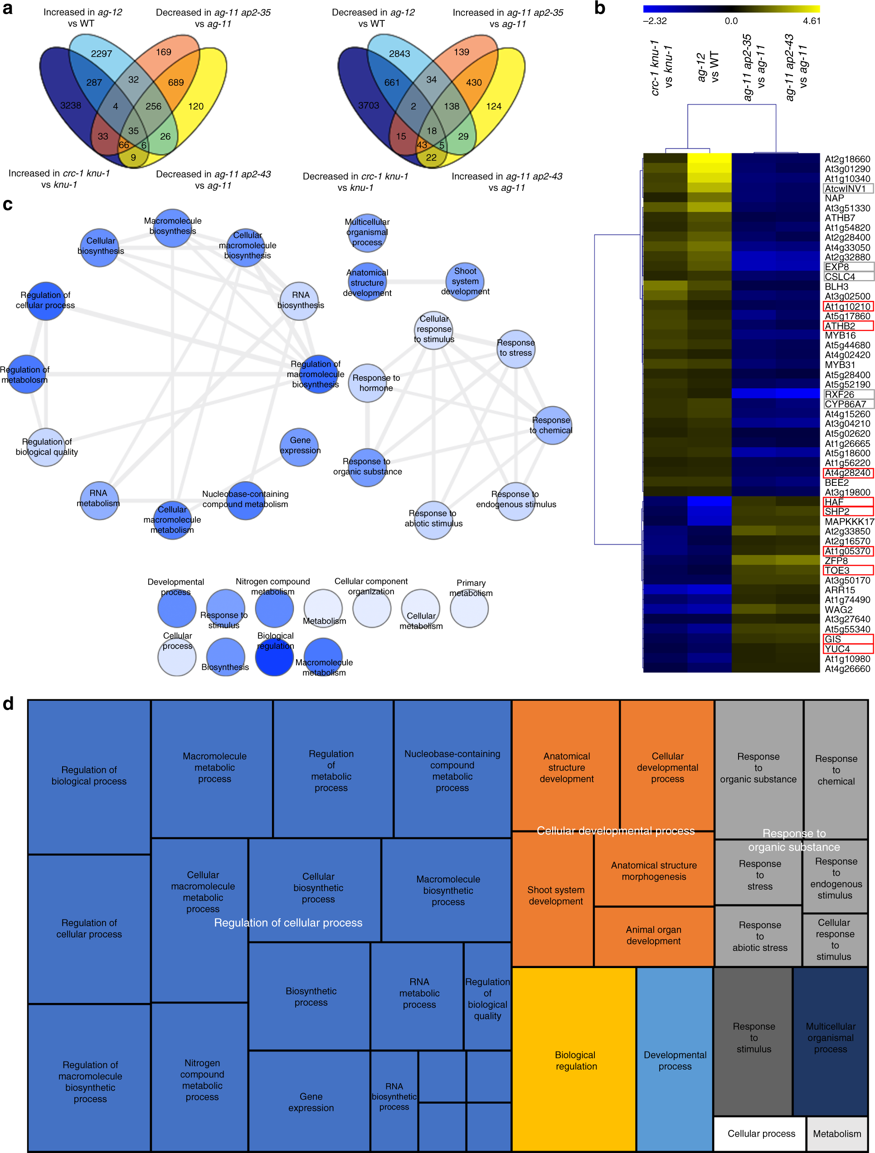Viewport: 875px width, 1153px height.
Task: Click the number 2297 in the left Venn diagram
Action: pyautogui.click(x=101, y=53)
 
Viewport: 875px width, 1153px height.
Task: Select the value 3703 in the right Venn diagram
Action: pyautogui.click(x=368, y=105)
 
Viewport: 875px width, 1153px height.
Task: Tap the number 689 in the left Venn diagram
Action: pyautogui.click(x=176, y=82)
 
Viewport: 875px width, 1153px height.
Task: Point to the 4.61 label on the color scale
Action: pyautogui.click(x=812, y=21)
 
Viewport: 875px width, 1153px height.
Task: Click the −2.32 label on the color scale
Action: pyautogui.click(x=654, y=21)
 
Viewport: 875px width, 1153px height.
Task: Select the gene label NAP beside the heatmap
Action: pyautogui.click(x=834, y=198)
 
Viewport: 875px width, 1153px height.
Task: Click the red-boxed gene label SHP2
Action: pyautogui.click(x=836, y=511)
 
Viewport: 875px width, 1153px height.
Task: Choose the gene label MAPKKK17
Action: pyautogui.click(x=849, y=521)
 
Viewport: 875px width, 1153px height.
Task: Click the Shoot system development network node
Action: pyautogui.click(x=465, y=281)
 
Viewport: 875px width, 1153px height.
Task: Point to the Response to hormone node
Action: pyautogui.click(x=368, y=383)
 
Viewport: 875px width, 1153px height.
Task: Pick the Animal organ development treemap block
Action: pyautogui.click(x=653, y=935)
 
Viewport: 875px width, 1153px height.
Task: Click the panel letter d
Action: pyautogui.click(x=8, y=704)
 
